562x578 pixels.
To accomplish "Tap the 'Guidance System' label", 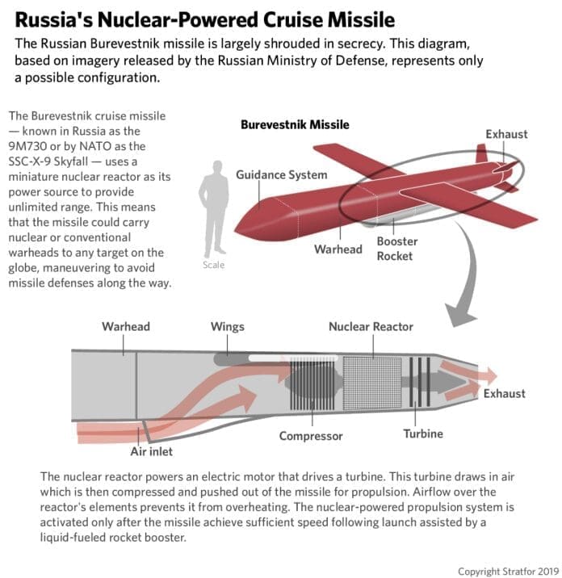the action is [x=281, y=174].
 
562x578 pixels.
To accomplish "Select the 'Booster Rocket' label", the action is [x=396, y=249].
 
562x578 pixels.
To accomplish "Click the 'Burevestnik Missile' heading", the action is [x=295, y=124].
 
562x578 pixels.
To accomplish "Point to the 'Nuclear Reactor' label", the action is [x=371, y=327].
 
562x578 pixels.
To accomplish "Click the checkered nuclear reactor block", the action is [x=372, y=383].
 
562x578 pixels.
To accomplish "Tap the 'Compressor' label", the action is [x=311, y=436].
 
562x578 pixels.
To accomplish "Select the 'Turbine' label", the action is [x=423, y=433].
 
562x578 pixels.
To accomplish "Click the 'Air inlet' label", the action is [x=151, y=451].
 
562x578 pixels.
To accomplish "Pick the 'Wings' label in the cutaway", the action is [x=228, y=327].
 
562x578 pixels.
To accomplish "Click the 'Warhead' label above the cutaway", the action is [x=126, y=327].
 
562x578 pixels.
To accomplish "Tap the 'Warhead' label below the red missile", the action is [x=338, y=249].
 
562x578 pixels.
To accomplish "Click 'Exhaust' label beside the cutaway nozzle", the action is [x=504, y=394].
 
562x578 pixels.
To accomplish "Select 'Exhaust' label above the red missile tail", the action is [x=506, y=134].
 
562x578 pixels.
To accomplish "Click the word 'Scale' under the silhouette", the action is [x=213, y=265].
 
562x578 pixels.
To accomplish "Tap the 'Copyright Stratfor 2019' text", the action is [x=509, y=572].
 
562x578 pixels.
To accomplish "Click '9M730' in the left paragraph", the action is [x=27, y=146].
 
